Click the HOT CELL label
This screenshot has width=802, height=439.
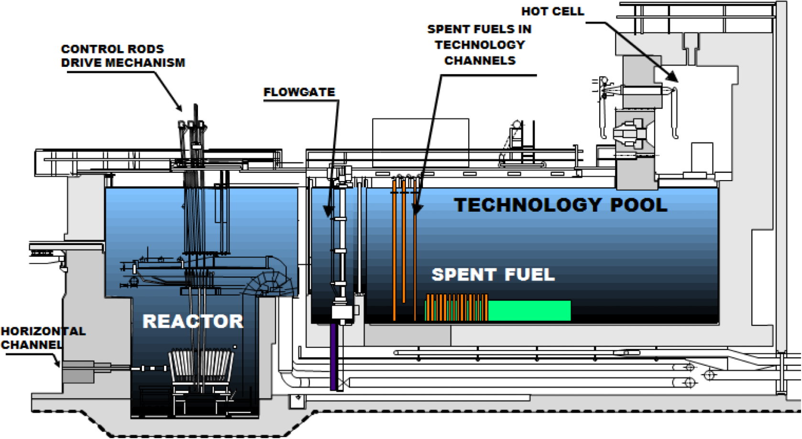click(552, 11)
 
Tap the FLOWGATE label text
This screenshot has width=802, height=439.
click(299, 92)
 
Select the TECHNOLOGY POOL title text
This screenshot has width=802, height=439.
click(560, 205)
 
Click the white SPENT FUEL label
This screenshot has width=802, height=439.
click(493, 275)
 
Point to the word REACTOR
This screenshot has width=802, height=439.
click(193, 321)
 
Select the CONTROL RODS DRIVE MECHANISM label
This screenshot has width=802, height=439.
click(122, 56)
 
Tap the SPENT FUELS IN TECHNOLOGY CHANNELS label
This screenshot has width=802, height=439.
click(480, 45)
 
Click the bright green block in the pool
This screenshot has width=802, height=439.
click(529, 311)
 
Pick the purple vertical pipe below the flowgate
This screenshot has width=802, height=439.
click(333, 356)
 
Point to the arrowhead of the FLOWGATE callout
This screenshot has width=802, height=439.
click(328, 211)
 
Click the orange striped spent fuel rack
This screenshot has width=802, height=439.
click(457, 308)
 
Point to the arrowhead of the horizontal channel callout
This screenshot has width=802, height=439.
click(57, 364)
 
